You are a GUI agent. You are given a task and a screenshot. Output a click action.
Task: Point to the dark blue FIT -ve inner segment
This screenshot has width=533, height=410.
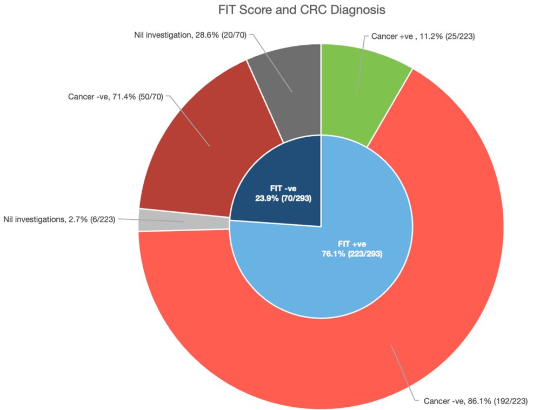click(276, 184)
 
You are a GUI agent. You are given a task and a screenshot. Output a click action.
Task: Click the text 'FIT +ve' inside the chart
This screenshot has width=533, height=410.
click(352, 244)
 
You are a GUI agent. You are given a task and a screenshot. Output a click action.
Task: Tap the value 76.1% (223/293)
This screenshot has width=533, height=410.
click(352, 253)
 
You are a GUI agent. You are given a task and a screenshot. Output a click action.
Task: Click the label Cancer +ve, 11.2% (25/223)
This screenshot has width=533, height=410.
click(423, 37)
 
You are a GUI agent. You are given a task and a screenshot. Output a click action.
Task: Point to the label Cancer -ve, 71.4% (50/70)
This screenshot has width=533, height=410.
click(115, 97)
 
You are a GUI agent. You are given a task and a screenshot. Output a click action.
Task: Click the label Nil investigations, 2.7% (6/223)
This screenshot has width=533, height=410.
click(59, 219)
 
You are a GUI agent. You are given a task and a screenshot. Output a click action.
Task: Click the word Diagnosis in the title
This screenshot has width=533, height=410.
click(359, 10)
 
